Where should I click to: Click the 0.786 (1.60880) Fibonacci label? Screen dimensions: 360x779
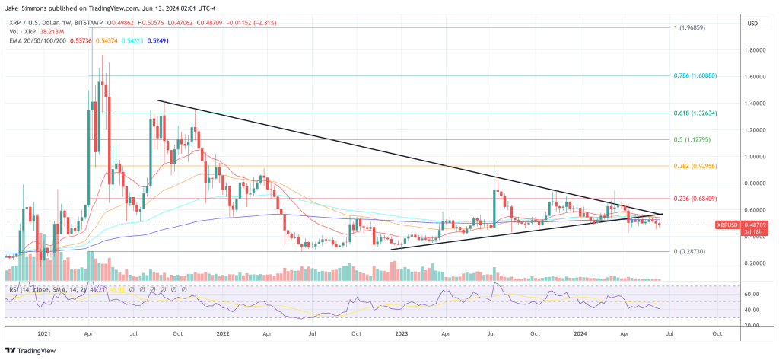click(693, 76)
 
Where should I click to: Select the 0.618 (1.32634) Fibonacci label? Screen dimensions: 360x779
click(693, 113)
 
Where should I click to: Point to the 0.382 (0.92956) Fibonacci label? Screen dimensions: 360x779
click(693, 165)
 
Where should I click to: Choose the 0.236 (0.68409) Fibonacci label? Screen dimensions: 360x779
click(693, 199)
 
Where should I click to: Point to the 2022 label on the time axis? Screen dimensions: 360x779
click(223, 334)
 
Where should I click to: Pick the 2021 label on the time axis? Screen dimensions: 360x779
click(43, 334)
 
